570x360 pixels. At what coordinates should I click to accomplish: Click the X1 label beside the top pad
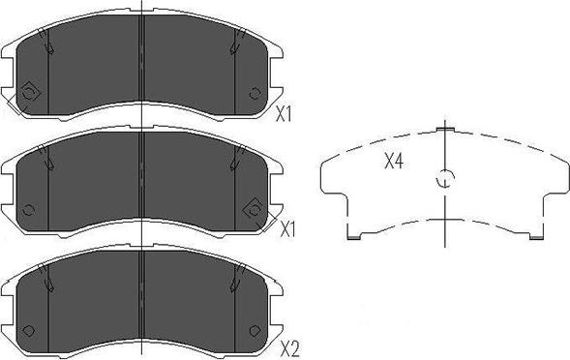(284, 115)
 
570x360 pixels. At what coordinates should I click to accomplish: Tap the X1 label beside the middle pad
(287, 229)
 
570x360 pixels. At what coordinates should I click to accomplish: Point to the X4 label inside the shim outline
(394, 161)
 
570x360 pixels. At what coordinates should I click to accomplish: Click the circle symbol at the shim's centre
(445, 178)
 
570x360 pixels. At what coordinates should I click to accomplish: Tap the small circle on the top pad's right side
(255, 94)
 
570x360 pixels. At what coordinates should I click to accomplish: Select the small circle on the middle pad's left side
(28, 210)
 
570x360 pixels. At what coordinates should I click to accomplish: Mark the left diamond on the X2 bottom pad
(28, 331)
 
